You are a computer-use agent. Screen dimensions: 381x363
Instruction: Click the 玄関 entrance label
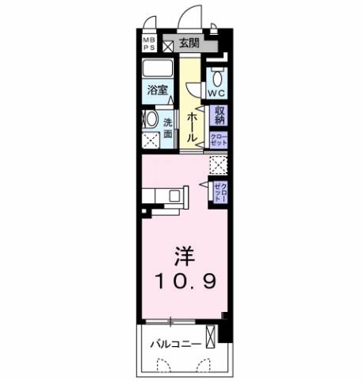click(189, 44)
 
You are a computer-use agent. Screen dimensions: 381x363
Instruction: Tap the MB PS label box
click(149, 43)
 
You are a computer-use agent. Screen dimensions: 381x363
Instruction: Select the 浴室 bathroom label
click(157, 90)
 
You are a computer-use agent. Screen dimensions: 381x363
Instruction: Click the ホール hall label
click(193, 125)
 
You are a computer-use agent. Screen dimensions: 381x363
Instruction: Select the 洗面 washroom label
click(168, 128)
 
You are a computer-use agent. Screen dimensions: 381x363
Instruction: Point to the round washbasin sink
click(150, 121)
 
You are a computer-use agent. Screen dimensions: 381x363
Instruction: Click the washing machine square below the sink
click(149, 142)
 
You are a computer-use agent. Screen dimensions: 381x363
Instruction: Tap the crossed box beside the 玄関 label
click(168, 44)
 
